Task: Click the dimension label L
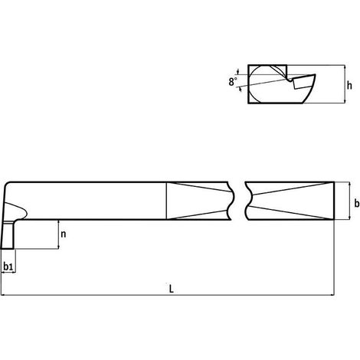click(x=172, y=289)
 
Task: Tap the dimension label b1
click(x=8, y=267)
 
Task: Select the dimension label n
click(x=64, y=234)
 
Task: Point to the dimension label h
click(x=349, y=85)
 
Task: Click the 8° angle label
click(x=233, y=82)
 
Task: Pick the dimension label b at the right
click(x=357, y=203)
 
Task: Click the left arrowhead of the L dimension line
click(x=3, y=295)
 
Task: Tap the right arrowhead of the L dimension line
click(x=332, y=295)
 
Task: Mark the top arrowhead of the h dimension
click(x=345, y=67)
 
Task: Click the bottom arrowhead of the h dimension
click(x=345, y=101)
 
